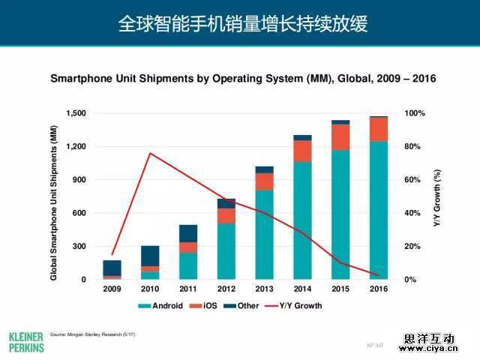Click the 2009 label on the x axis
pyautogui.click(x=112, y=289)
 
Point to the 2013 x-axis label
pyautogui.click(x=264, y=289)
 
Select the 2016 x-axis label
pyautogui.click(x=378, y=289)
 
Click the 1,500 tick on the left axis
pyautogui.click(x=76, y=113)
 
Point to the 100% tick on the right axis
pyautogui.click(x=415, y=113)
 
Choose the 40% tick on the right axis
pyautogui.click(x=412, y=213)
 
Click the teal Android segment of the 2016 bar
pyautogui.click(x=378, y=210)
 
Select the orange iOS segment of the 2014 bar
pyautogui.click(x=302, y=151)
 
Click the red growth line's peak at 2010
pyautogui.click(x=150, y=153)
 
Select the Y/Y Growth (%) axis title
pyautogui.click(x=437, y=197)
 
